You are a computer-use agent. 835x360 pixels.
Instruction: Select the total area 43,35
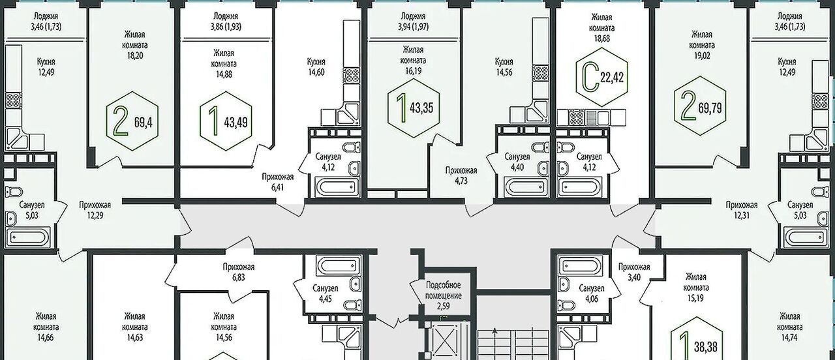click(x=421, y=108)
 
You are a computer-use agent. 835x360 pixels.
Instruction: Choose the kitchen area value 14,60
click(x=316, y=72)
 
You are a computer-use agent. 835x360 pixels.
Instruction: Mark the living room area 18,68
click(x=602, y=38)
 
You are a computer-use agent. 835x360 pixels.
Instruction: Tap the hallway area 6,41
click(x=277, y=187)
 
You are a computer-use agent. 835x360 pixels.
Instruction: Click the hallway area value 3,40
click(x=634, y=277)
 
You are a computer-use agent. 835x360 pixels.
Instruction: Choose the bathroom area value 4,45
click(x=326, y=299)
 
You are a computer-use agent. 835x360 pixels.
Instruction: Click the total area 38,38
click(x=706, y=348)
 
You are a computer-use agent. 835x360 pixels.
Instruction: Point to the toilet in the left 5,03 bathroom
click(x=14, y=192)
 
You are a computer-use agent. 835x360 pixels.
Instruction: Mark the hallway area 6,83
click(x=239, y=277)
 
